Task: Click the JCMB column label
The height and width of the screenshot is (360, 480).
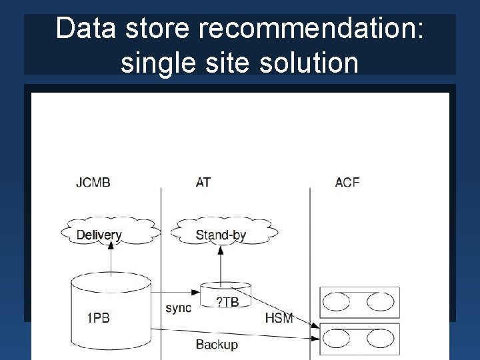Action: tap(93, 182)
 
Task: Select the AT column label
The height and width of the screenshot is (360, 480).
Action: tap(203, 182)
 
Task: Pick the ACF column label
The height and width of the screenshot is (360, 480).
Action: tap(347, 182)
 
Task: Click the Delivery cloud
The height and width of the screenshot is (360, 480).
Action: tap(99, 234)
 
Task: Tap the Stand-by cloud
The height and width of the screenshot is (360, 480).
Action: tap(221, 234)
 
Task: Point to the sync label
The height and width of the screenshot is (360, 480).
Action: tap(178, 307)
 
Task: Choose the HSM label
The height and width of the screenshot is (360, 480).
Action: tap(279, 317)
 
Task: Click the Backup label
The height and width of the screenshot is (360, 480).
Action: tap(217, 344)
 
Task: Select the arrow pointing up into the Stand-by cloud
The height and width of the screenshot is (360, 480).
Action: tap(221, 263)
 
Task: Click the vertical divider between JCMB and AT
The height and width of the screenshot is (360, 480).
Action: tap(161, 267)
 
